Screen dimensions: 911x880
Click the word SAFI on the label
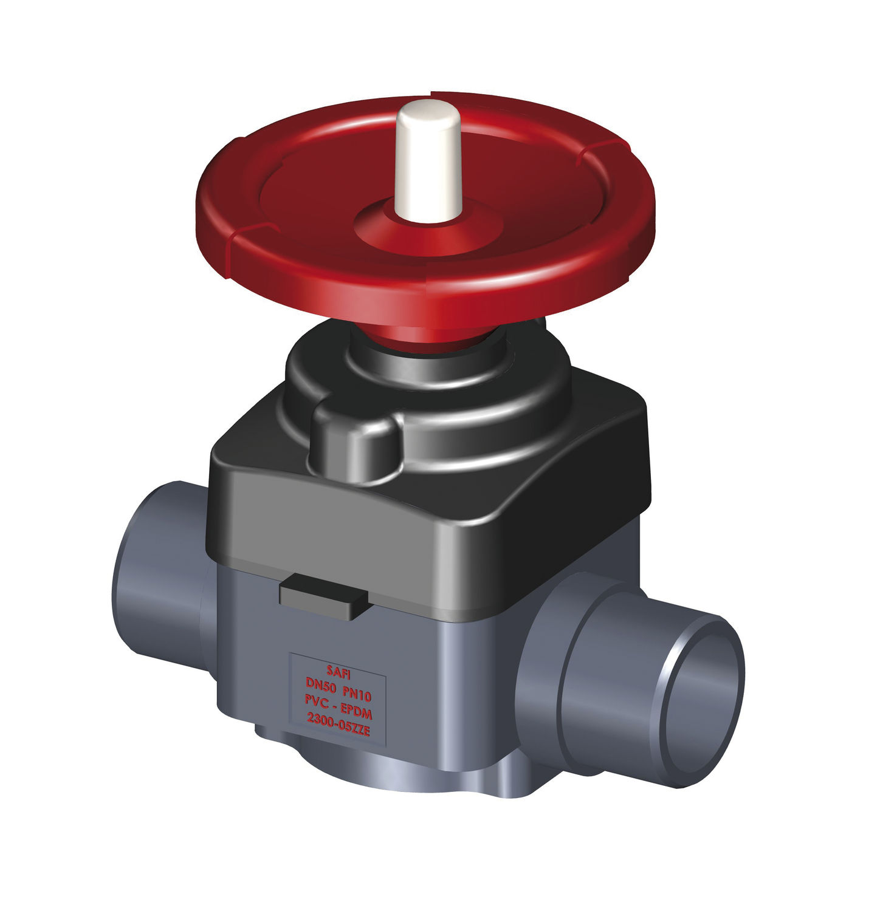pos(339,671)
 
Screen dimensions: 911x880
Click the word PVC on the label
pos(318,700)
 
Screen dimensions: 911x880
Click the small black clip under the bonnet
pos(323,598)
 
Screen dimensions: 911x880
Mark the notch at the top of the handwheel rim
pos(431,95)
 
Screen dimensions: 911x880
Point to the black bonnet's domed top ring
pos(425,364)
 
